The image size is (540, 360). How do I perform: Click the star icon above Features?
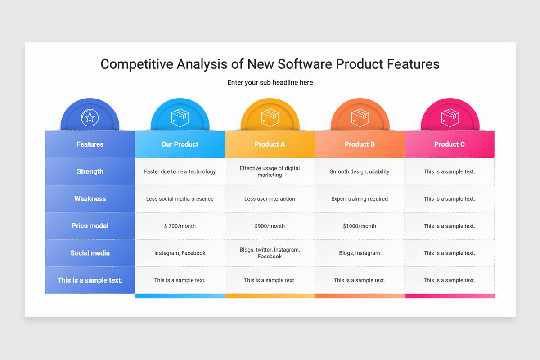[90, 117]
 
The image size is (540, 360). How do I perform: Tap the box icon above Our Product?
[180, 117]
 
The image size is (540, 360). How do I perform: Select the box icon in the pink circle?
[450, 117]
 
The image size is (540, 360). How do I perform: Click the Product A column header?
[270, 144]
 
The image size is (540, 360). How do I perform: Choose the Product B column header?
[360, 144]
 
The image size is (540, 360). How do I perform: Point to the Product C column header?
[450, 144]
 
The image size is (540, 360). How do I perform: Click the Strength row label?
[90, 171]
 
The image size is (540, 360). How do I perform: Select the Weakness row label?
[90, 199]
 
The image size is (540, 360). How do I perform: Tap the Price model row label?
[90, 226]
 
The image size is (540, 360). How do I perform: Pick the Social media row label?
[90, 253]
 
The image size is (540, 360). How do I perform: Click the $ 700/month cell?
[180, 226]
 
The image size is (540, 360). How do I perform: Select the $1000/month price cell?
[360, 226]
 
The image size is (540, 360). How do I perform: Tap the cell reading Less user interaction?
[270, 199]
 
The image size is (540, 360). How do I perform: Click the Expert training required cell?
[360, 199]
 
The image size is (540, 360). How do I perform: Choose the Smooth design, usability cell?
[360, 171]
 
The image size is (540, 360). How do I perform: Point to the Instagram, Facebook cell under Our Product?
[180, 253]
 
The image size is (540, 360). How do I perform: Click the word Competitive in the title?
[136, 64]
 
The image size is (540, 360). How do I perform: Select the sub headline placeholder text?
[270, 82]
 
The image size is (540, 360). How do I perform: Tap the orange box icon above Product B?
[360, 117]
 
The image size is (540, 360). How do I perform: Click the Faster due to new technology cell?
[180, 171]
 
